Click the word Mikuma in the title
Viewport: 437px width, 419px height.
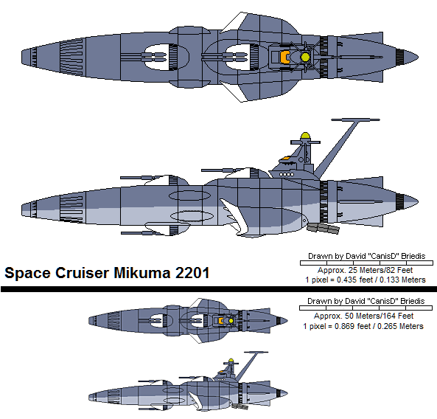tap(141, 272)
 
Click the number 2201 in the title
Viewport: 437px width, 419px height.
tap(192, 272)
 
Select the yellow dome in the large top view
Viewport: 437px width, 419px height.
tap(305, 57)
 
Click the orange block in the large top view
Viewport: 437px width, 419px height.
tap(284, 57)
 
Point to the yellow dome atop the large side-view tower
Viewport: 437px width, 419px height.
tap(305, 136)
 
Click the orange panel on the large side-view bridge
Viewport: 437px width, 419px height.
tap(285, 158)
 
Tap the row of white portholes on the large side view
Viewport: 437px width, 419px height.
tap(287, 175)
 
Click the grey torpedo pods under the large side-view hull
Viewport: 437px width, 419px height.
tap(324, 228)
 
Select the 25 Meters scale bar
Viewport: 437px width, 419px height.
tap(366, 263)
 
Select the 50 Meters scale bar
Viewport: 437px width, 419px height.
tap(366, 308)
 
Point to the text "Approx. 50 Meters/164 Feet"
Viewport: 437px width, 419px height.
tap(363, 316)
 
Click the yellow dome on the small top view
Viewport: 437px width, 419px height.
tap(231, 321)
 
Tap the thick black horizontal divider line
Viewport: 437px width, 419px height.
tap(219, 289)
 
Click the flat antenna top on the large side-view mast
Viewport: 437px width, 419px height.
tap(355, 120)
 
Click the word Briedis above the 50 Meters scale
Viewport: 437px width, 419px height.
tap(413, 301)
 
